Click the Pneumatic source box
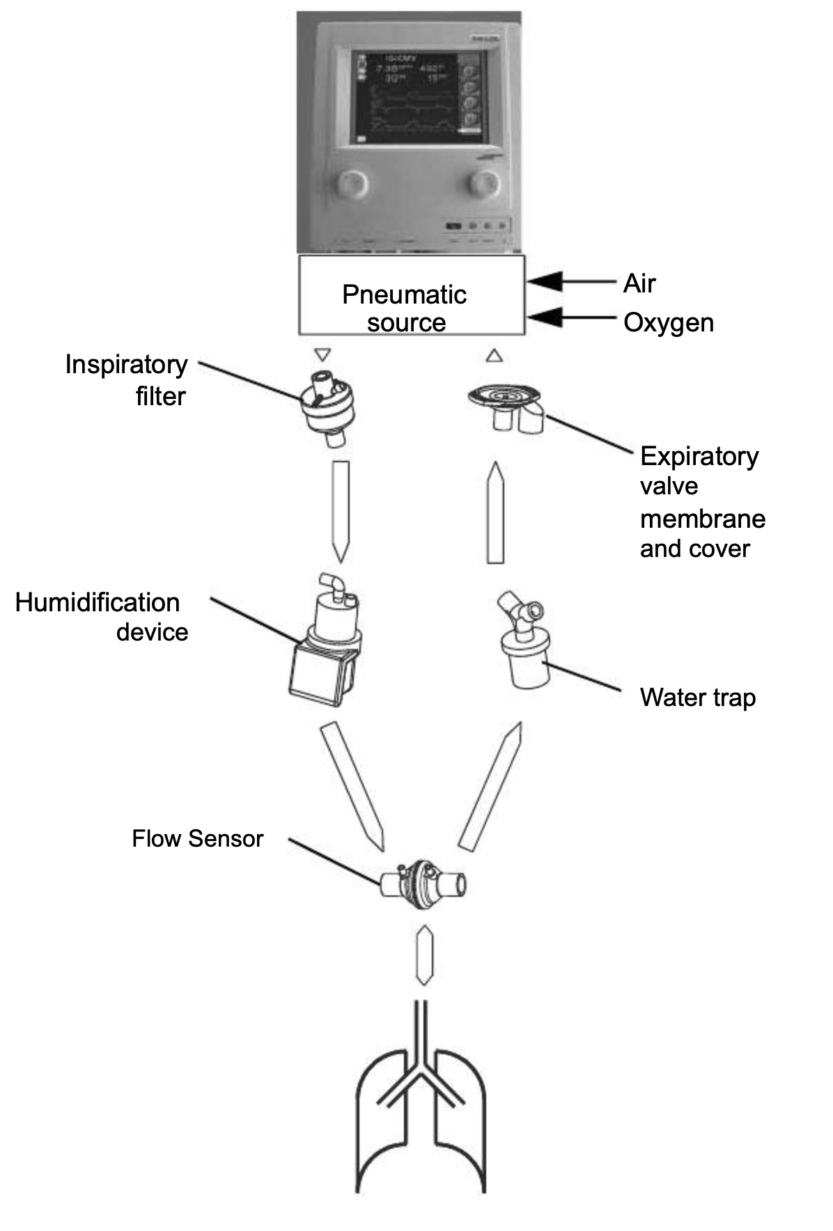(x=411, y=295)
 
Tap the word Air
(x=639, y=283)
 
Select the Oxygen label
(x=668, y=322)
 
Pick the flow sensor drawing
(x=422, y=885)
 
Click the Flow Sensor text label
(x=197, y=838)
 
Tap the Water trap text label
(x=697, y=697)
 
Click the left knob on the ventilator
(x=351, y=184)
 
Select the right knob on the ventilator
(x=483, y=183)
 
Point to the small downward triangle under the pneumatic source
(x=322, y=355)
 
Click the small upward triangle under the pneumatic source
(x=494, y=355)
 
